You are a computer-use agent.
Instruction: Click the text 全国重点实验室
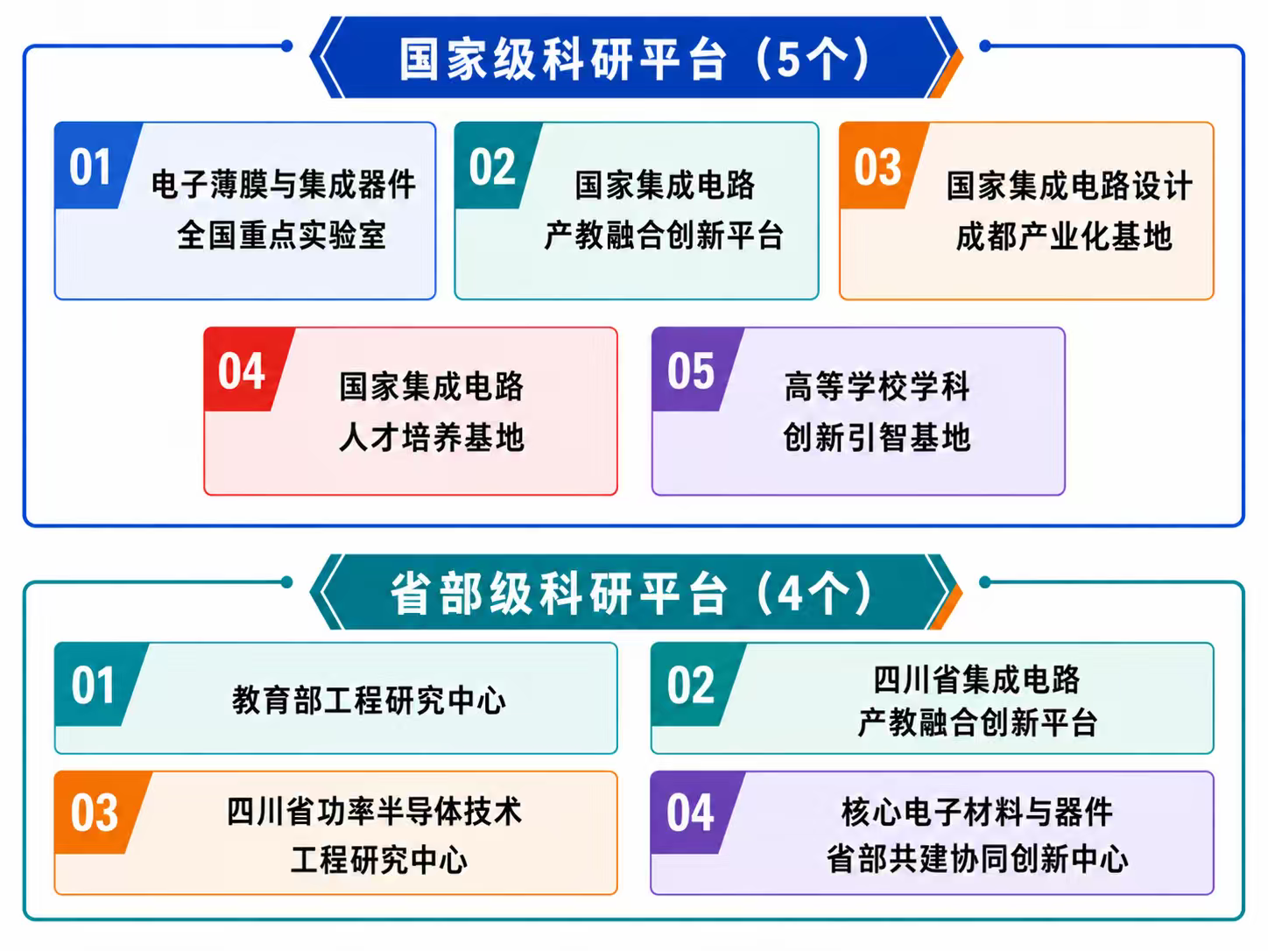282,235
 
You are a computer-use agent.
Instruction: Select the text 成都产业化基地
1064,236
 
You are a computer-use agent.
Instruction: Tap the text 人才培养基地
432,436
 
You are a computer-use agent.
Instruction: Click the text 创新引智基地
877,436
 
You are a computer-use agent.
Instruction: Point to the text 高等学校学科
877,385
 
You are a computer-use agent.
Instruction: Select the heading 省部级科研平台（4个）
631,593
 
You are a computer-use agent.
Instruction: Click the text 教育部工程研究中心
369,700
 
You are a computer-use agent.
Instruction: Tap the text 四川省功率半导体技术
374,811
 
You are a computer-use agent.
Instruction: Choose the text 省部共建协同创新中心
977,858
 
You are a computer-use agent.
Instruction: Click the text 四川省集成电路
976,679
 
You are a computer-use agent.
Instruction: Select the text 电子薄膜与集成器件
283,184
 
